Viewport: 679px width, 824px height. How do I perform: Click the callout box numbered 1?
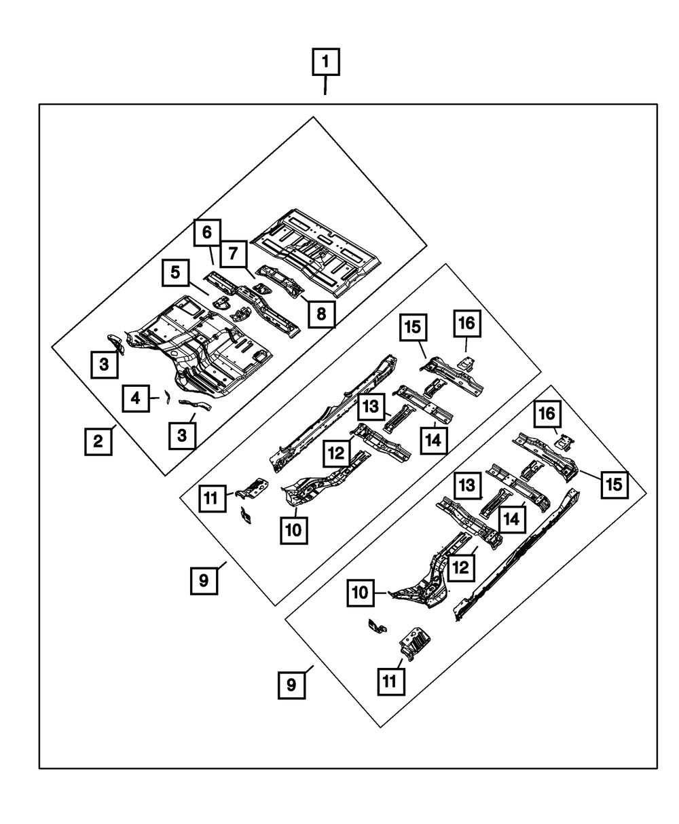click(x=326, y=62)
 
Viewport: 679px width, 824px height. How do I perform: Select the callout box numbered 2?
click(x=98, y=442)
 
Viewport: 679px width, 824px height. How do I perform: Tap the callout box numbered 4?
click(x=135, y=398)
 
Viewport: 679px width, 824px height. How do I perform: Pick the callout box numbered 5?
click(x=175, y=273)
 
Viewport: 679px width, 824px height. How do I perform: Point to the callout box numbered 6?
click(x=207, y=233)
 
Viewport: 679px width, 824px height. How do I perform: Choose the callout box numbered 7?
click(x=234, y=254)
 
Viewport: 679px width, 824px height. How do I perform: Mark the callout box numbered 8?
click(x=322, y=314)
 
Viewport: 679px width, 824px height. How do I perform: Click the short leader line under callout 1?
click(x=325, y=86)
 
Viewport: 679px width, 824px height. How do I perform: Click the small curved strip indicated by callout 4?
click(x=167, y=396)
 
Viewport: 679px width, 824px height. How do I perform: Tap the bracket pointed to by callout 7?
click(x=263, y=287)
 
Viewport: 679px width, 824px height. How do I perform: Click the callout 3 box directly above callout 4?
click(x=104, y=364)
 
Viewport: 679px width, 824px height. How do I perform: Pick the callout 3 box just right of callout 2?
click(x=182, y=436)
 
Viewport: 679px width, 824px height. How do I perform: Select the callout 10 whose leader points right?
click(x=361, y=593)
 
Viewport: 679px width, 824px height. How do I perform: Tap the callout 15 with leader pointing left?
click(x=614, y=485)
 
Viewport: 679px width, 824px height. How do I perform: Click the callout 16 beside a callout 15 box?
click(x=467, y=323)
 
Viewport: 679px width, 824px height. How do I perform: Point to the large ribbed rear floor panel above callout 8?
click(x=316, y=252)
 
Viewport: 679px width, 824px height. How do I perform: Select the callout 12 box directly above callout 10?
click(x=336, y=453)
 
